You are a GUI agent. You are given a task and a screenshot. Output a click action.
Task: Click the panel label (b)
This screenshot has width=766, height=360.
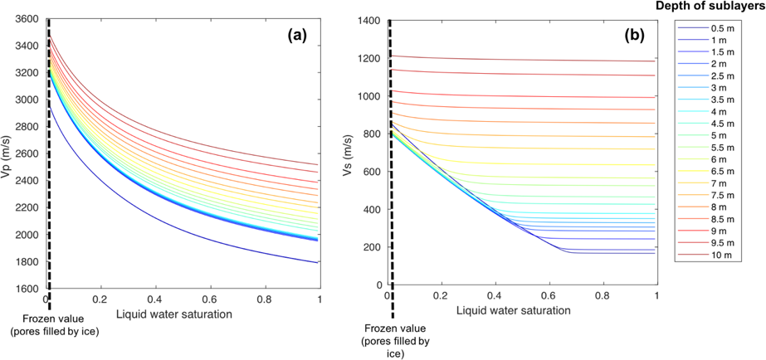pos(637,36)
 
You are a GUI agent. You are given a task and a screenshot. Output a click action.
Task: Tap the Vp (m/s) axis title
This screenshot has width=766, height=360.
pos(7,153)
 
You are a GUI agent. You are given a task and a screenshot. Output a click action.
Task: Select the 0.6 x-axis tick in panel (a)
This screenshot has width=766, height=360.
pos(210,299)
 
